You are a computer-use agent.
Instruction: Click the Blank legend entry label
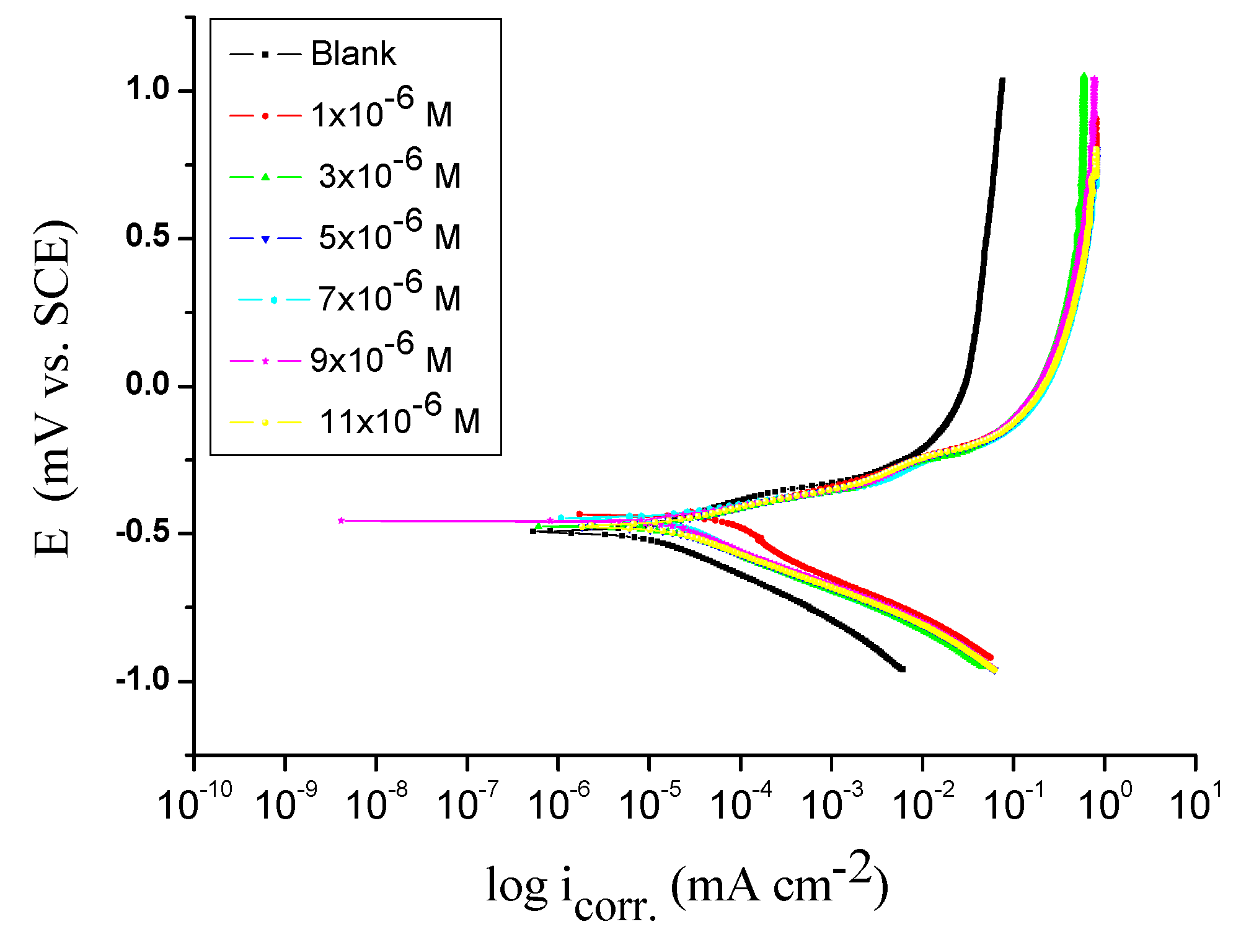point(353,54)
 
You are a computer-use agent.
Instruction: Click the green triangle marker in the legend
point(265,177)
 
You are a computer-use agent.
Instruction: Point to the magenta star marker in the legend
point(265,361)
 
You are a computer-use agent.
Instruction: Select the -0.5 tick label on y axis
point(143,533)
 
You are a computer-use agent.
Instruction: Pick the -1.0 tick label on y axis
point(143,680)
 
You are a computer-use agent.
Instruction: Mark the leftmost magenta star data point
point(341,521)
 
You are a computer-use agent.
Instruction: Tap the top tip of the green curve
point(1084,76)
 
